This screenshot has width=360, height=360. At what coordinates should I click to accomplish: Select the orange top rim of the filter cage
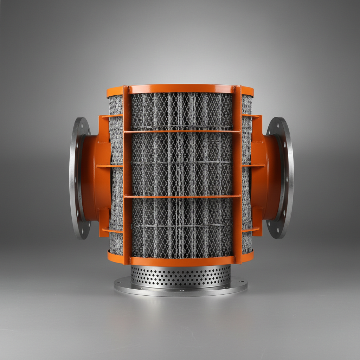(181, 89)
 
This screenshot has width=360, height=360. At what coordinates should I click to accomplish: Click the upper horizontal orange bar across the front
(181, 131)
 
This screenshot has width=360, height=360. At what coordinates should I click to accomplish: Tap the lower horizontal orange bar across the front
(181, 197)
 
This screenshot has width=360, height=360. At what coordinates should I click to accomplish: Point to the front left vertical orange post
(127, 176)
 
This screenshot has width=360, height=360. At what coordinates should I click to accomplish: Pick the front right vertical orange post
(237, 176)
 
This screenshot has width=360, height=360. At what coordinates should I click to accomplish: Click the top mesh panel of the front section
(181, 111)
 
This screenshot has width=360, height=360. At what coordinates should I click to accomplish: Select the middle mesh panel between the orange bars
(181, 163)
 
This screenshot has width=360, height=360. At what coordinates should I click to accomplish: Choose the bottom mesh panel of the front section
(181, 227)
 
